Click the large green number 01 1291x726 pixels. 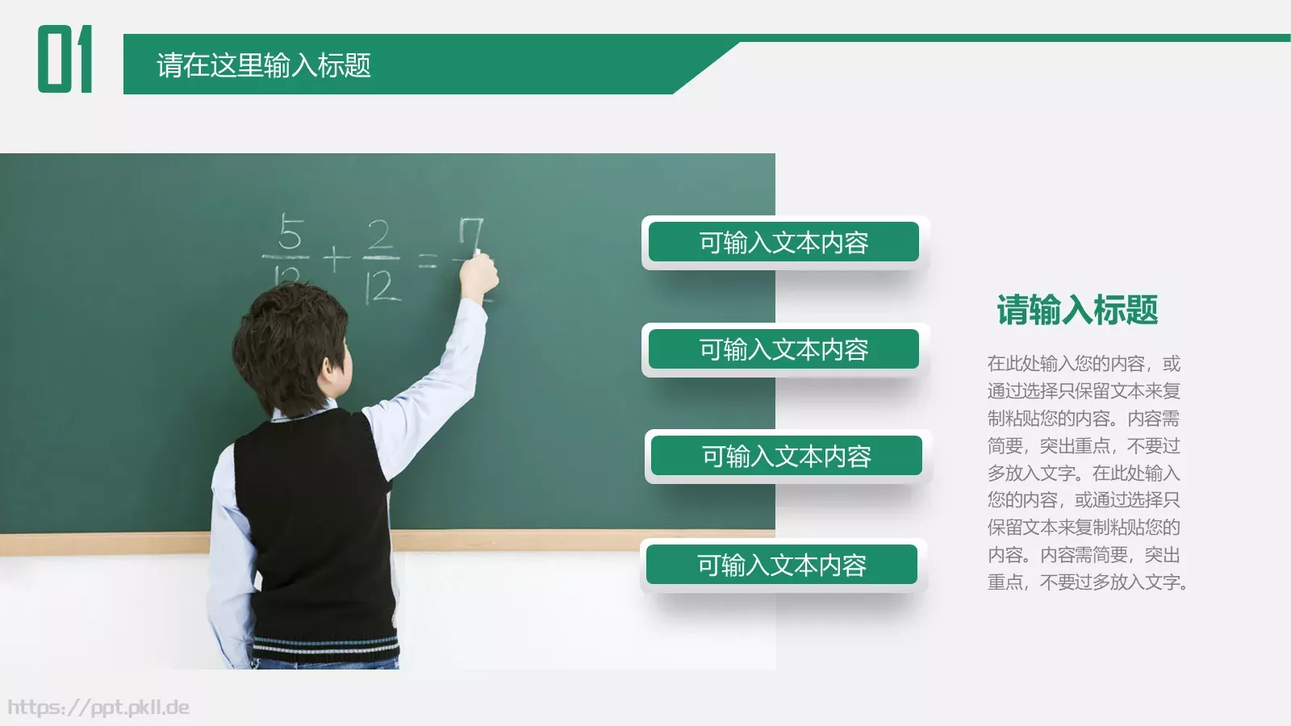coord(65,59)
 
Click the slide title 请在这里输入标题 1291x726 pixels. coord(263,65)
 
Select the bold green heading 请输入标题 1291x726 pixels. coord(1077,311)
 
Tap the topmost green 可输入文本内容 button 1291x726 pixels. coord(783,242)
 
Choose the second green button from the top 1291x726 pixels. coord(783,349)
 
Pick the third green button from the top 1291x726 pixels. coord(786,457)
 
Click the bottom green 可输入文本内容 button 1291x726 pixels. coord(781,565)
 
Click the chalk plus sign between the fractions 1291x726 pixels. coord(336,259)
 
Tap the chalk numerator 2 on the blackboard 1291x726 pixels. coord(380,235)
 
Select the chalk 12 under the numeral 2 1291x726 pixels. coord(382,286)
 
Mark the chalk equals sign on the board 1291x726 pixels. coord(428,260)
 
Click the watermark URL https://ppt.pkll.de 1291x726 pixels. coord(98,707)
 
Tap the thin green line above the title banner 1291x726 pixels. coord(1009,38)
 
